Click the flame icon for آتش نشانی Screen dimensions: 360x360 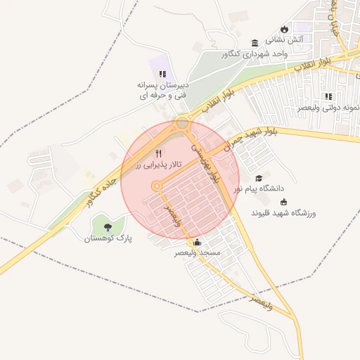pos(284,29)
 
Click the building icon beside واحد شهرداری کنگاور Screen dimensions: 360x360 pos(254,41)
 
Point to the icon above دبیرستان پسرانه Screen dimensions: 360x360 pos(162,73)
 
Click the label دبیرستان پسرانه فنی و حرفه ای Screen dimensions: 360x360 pos(162,89)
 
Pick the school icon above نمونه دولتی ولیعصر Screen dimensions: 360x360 pos(328,96)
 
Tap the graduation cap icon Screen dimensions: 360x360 pos(259,178)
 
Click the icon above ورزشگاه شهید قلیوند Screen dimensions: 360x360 pos(283,202)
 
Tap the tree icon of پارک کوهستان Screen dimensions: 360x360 pos(108,227)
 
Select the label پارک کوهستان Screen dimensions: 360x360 pos(108,238)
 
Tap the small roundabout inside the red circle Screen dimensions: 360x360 pos(156,186)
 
